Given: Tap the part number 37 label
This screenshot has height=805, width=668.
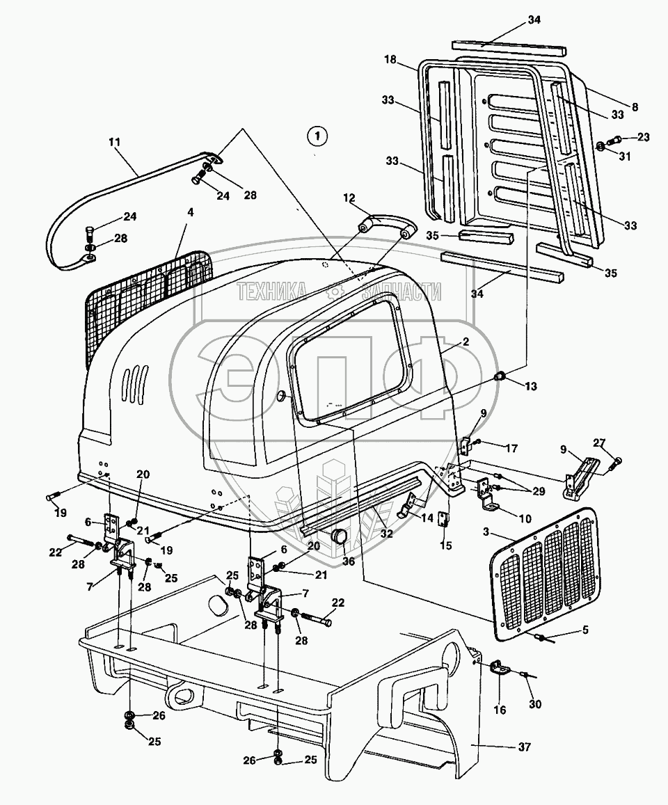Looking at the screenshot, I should click(524, 747).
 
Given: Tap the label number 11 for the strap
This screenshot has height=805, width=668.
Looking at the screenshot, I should click(114, 142).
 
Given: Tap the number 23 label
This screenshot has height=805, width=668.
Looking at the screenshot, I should click(642, 137).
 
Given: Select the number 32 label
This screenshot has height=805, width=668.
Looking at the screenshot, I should click(385, 534).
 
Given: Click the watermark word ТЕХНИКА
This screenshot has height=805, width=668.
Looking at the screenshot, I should click(273, 292).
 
